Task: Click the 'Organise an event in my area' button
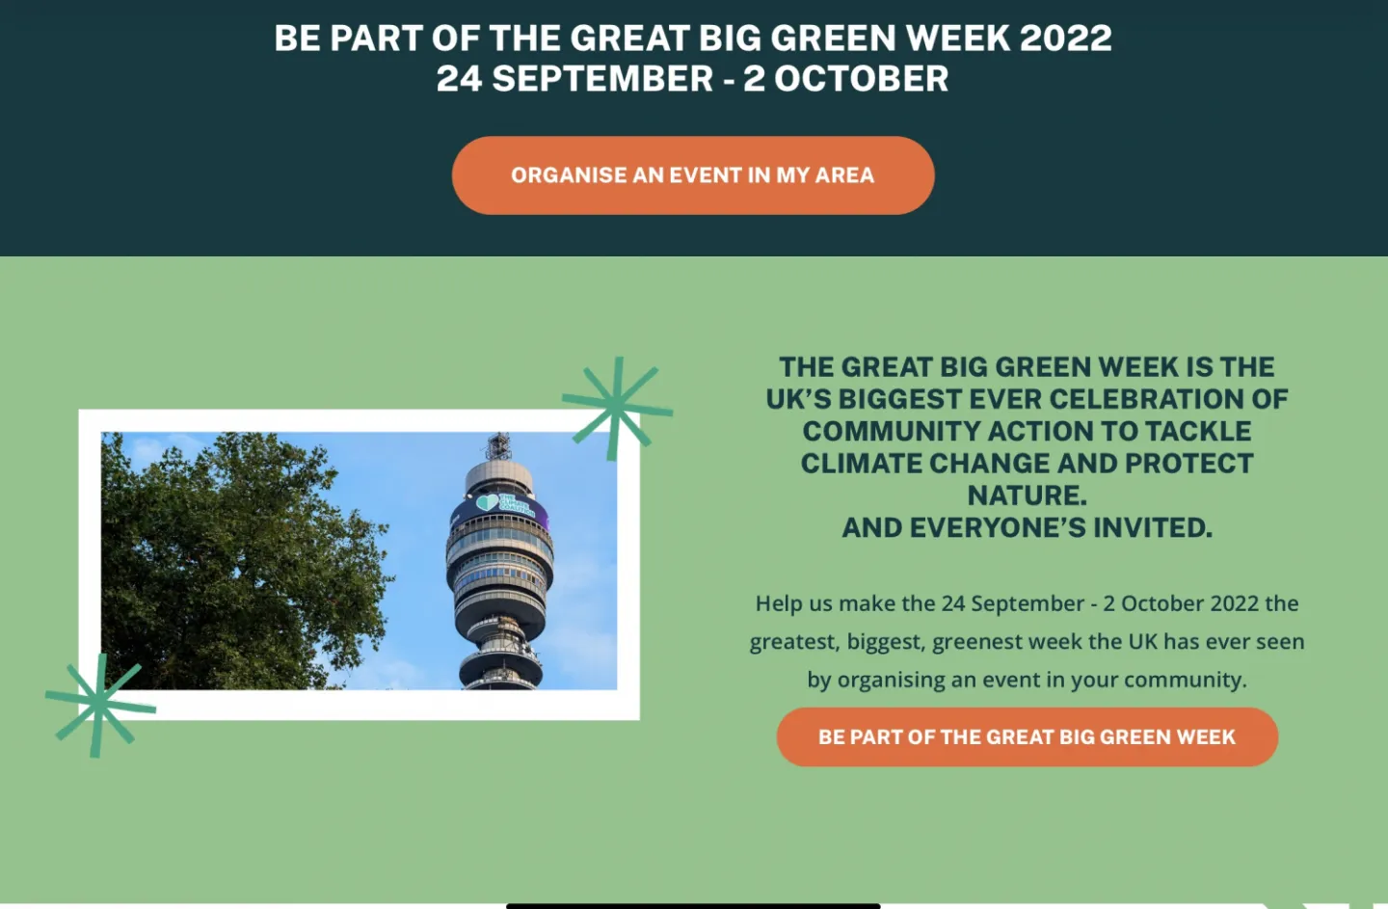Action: tap(693, 175)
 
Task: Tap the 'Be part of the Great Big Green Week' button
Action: tap(1027, 736)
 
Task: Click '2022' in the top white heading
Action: tap(1066, 38)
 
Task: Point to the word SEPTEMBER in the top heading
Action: tap(602, 79)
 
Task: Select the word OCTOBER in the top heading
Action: tap(862, 79)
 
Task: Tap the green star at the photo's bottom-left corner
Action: tap(99, 705)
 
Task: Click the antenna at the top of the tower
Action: tap(499, 445)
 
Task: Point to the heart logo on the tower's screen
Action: tap(487, 502)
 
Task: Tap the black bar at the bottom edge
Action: tap(693, 906)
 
